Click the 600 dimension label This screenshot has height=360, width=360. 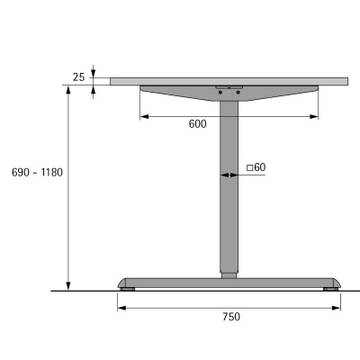199,124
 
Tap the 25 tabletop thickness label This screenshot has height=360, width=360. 78,78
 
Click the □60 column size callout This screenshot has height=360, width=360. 256,167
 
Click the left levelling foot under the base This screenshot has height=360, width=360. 129,288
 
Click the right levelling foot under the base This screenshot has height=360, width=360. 330,288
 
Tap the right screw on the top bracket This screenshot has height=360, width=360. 238,91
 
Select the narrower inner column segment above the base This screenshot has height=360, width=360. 229,271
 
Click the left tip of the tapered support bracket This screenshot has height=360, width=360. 143,88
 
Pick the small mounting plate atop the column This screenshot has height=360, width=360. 229,87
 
